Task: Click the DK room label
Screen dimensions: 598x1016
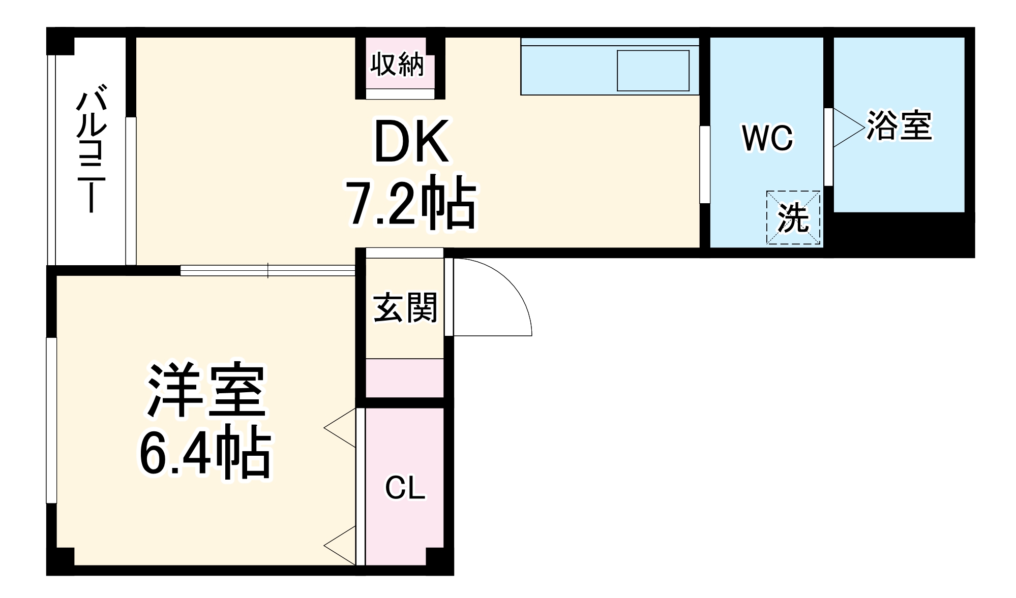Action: tap(411, 142)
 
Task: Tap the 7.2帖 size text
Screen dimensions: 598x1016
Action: tap(411, 202)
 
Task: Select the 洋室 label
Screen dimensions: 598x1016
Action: tap(206, 390)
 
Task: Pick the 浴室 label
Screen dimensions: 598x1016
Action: tap(899, 125)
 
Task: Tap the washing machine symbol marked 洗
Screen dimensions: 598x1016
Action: tap(793, 217)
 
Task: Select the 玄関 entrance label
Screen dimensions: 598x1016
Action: tap(405, 308)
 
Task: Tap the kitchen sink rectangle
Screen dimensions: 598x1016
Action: tap(653, 70)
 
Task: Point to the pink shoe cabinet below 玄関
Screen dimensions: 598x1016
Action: tap(405, 378)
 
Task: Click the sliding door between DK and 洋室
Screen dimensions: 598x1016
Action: tap(267, 270)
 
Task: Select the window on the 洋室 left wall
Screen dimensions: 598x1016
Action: tap(51, 420)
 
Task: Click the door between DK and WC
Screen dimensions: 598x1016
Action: tap(705, 165)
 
